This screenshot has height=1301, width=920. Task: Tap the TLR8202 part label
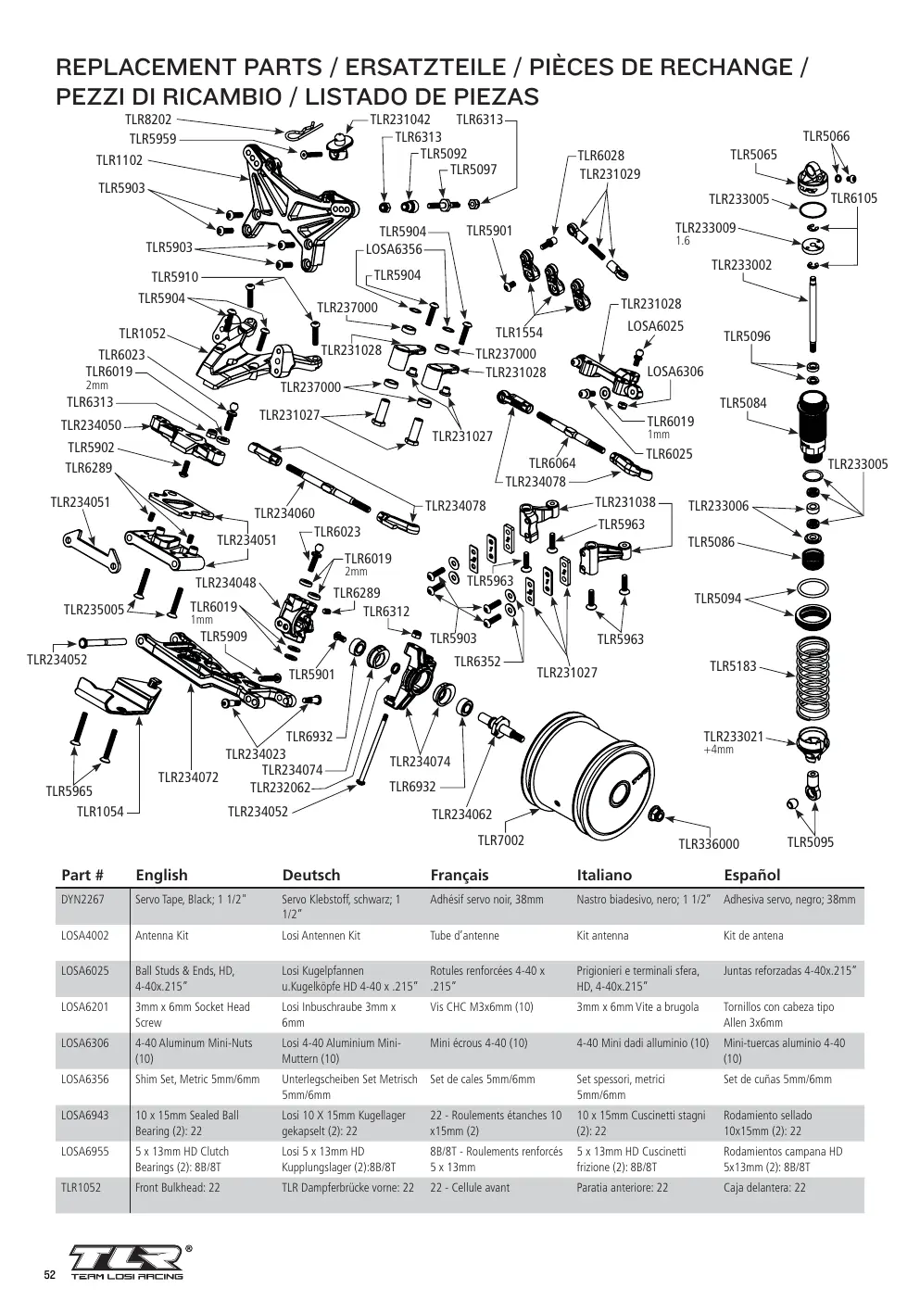coord(148,120)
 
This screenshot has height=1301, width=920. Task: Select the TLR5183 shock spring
coord(812,677)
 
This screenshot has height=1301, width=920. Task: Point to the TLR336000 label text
coord(709,844)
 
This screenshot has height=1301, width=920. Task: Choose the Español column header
coord(751,875)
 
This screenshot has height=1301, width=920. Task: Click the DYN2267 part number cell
coord(82,900)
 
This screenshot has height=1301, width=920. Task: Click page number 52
coord(50,1274)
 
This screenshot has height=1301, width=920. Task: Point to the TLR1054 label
coord(100,812)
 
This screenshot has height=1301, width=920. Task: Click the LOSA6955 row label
coord(85,1151)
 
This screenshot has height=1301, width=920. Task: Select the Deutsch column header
coord(310,875)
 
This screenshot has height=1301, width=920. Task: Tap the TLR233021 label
coord(733,737)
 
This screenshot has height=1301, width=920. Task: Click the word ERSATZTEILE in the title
coord(425,68)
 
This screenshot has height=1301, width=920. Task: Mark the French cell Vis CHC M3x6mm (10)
coord(482,1007)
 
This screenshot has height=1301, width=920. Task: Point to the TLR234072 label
coord(188,777)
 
